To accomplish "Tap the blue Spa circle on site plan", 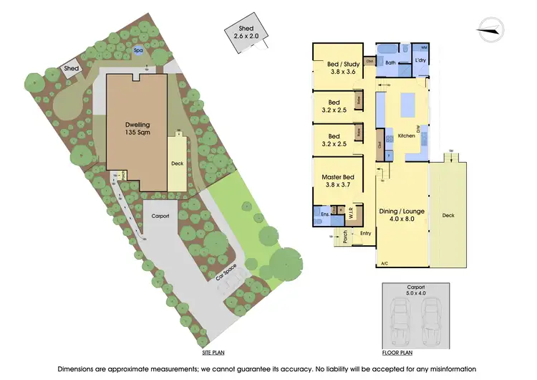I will pyautogui.click(x=137, y=51).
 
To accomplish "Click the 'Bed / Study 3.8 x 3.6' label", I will pyautogui.click(x=337, y=67).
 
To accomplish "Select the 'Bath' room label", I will pyautogui.click(x=390, y=62).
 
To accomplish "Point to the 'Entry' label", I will pyautogui.click(x=365, y=233).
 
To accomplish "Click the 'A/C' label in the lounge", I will pyautogui.click(x=384, y=263).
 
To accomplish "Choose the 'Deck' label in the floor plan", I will pyautogui.click(x=448, y=215).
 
